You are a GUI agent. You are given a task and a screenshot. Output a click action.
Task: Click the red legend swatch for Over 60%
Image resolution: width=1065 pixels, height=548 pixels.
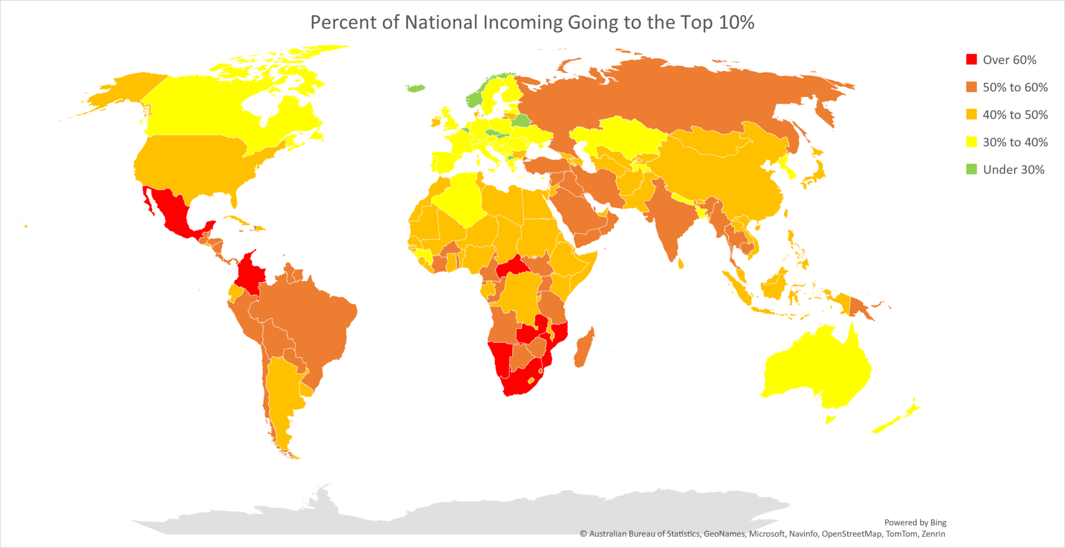click(971, 59)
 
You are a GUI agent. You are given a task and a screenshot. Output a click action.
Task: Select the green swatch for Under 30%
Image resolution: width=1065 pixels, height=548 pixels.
click(971, 169)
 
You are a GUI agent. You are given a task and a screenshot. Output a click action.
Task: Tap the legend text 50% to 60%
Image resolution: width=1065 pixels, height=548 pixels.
click(1015, 87)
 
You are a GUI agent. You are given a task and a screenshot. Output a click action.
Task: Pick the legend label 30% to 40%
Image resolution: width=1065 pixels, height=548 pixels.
click(1015, 142)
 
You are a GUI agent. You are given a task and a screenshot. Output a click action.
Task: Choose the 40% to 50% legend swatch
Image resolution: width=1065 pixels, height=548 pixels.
click(971, 114)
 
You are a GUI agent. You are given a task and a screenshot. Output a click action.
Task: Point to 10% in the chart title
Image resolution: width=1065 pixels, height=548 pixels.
click(736, 22)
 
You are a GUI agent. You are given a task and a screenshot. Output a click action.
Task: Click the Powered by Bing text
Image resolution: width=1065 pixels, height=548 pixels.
click(915, 522)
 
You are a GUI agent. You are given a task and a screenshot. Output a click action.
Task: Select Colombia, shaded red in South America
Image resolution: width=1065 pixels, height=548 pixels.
click(249, 273)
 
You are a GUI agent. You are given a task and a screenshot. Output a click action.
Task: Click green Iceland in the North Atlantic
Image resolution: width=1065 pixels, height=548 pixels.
click(415, 88)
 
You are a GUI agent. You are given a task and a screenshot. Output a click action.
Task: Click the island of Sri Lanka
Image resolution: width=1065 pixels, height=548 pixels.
click(681, 264)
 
